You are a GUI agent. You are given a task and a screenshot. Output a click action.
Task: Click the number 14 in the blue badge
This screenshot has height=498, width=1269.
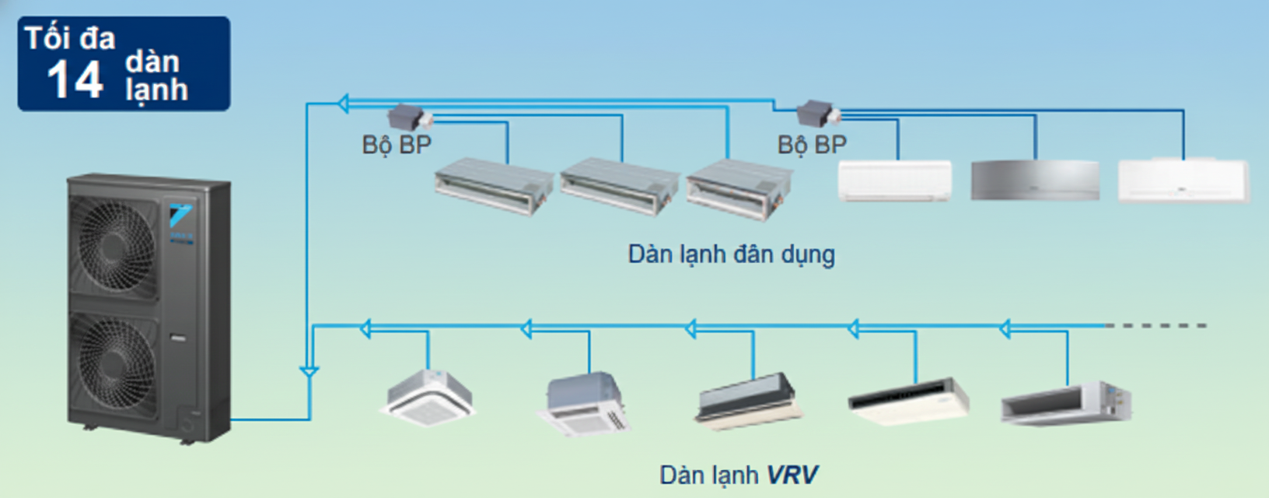pyautogui.click(x=75, y=79)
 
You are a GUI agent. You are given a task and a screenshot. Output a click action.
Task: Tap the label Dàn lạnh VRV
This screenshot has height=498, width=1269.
pyautogui.click(x=739, y=475)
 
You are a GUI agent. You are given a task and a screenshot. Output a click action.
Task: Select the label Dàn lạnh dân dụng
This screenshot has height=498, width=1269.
pyautogui.click(x=731, y=254)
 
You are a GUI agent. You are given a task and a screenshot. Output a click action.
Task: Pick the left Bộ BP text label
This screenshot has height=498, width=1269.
pyautogui.click(x=397, y=145)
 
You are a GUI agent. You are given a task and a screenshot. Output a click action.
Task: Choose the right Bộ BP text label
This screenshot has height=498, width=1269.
pyautogui.click(x=812, y=145)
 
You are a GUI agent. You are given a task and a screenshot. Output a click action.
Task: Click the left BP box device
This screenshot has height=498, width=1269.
pyautogui.click(x=407, y=117)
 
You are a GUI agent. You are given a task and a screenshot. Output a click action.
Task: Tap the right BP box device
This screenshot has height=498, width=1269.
pyautogui.click(x=816, y=114)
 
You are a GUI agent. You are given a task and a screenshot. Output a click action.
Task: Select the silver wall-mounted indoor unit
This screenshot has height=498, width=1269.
pyautogui.click(x=1035, y=181)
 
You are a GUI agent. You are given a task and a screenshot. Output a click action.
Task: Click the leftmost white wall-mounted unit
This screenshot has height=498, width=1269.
pyautogui.click(x=894, y=181)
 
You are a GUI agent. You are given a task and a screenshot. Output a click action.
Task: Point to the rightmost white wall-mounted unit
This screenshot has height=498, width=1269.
pyautogui.click(x=1183, y=181)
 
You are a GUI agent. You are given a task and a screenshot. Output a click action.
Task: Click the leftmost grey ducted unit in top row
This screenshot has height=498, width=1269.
pyautogui.click(x=493, y=186)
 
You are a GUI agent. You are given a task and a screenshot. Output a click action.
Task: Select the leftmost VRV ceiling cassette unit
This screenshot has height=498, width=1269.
pyautogui.click(x=428, y=398)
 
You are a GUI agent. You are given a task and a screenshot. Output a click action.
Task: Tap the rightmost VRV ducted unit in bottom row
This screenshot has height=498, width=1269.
pyautogui.click(x=1065, y=403)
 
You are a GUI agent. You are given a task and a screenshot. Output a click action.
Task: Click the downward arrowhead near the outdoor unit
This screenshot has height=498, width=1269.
pyautogui.click(x=309, y=373)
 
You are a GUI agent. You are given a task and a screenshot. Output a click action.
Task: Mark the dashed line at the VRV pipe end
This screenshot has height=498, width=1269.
pyautogui.click(x=1156, y=325)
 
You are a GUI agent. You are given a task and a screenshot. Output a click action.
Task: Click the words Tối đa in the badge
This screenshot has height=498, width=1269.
pyautogui.click(x=70, y=38)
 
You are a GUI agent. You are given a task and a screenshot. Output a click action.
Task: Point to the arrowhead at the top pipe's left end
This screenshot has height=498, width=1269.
pyautogui.click(x=344, y=103)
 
